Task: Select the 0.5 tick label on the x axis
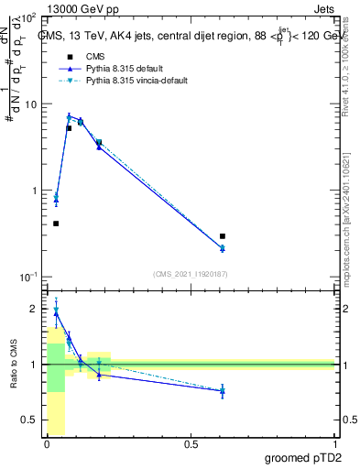[x=191, y=444]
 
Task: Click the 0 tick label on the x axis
[x=47, y=444]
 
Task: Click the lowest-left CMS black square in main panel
[x=56, y=224]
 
